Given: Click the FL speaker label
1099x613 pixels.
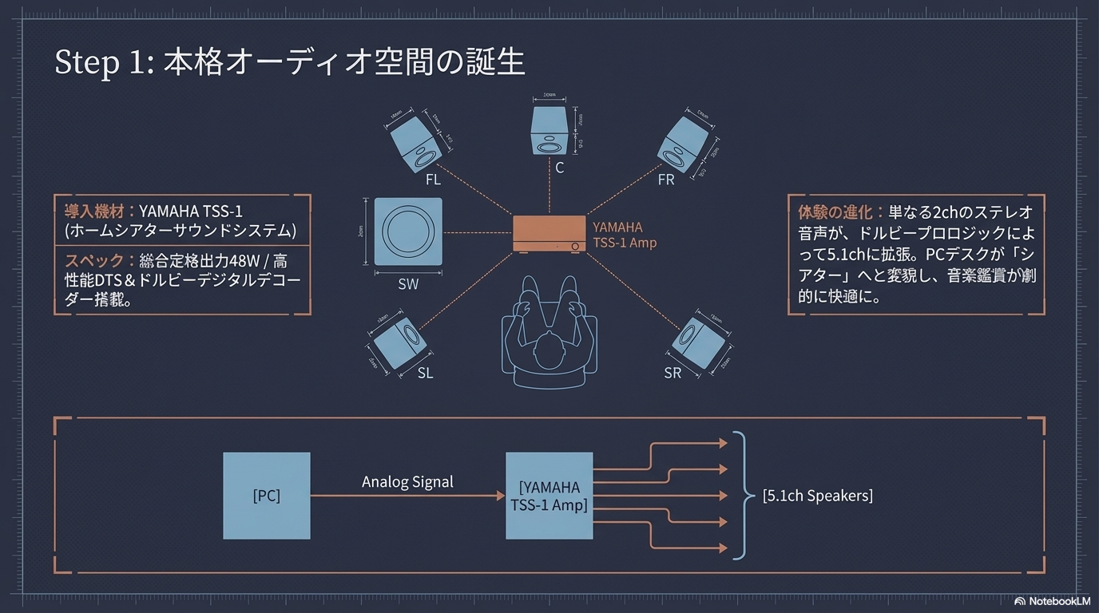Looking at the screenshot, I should click(433, 180).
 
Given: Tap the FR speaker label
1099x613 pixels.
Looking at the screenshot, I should click(666, 180).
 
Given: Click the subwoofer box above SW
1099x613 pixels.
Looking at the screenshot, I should click(408, 231).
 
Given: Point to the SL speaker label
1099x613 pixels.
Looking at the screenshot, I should click(426, 373).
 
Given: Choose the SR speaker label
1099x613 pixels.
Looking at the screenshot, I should click(672, 373).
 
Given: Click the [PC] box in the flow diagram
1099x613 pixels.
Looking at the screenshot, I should click(267, 496).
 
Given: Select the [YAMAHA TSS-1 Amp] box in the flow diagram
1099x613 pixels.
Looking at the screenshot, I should click(549, 496).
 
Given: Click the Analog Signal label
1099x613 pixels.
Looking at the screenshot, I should click(407, 482).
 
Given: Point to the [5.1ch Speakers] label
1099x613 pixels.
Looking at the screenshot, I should click(817, 496).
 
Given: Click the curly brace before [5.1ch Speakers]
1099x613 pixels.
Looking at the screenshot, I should click(744, 496).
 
